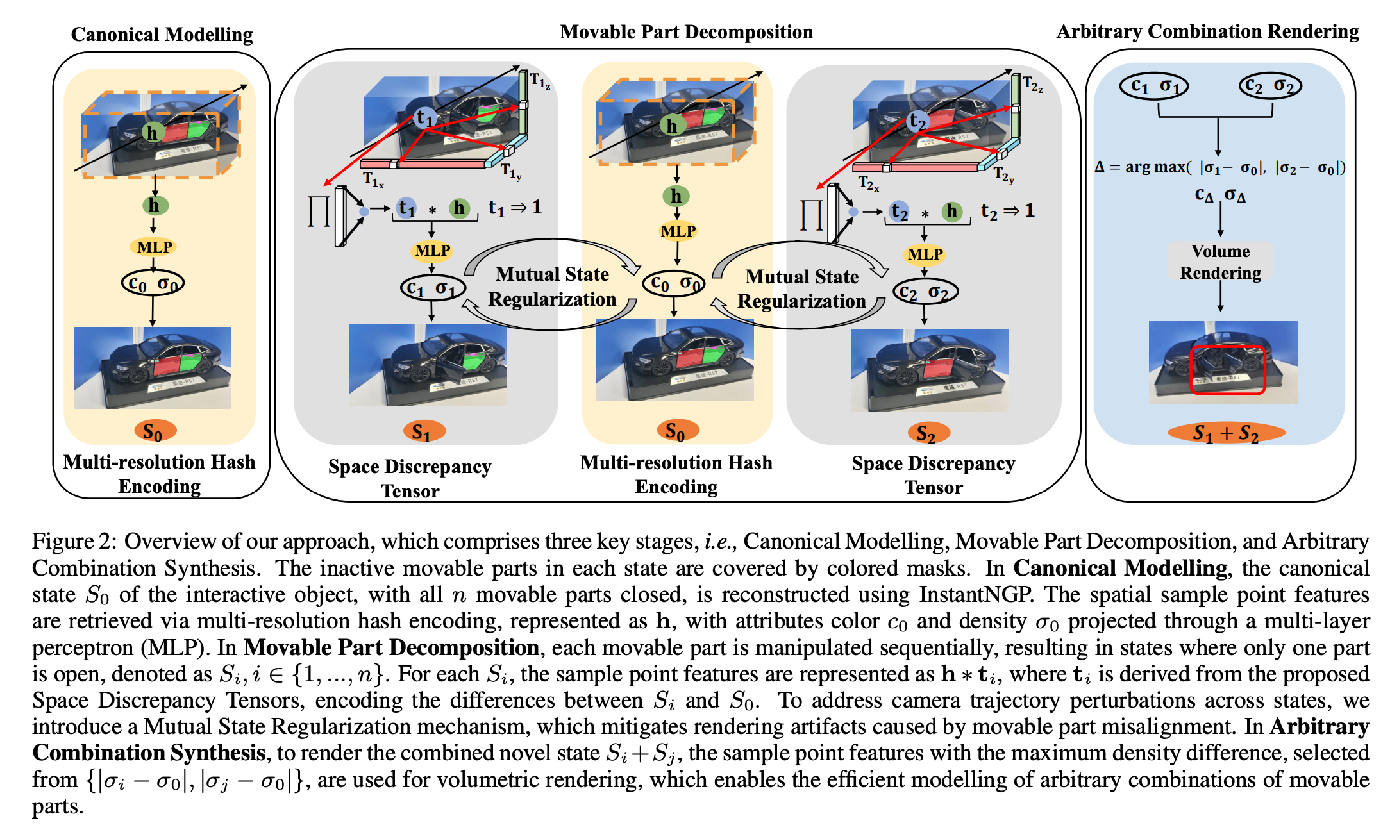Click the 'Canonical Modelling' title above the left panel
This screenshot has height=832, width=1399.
162,34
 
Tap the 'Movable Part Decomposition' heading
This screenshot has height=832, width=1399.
686,31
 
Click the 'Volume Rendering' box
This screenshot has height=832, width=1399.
1220,262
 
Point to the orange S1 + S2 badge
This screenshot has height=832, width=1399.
1226,433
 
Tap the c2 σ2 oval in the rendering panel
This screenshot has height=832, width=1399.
1270,85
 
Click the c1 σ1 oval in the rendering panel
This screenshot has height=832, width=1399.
1154,85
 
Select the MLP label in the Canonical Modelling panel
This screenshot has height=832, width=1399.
155,247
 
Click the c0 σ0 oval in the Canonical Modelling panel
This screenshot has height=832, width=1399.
153,283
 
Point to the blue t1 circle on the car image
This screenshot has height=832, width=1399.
425,117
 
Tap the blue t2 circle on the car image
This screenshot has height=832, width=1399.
917,121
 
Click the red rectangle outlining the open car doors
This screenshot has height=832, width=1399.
1227,370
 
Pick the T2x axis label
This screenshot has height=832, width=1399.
869,183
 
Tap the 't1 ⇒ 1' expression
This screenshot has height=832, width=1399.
515,207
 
